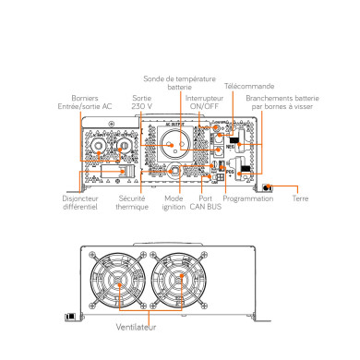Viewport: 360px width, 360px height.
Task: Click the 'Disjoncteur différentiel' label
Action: pyautogui.click(x=79, y=203)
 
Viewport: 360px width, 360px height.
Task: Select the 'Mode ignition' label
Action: pyautogui.click(x=174, y=203)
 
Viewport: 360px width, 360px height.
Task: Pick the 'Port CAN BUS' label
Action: pyautogui.click(x=211, y=203)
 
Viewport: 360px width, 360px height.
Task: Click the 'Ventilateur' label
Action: pyautogui.click(x=136, y=327)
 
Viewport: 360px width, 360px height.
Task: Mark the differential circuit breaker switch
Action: pyautogui.click(x=104, y=173)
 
